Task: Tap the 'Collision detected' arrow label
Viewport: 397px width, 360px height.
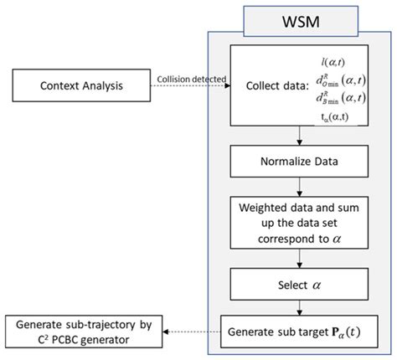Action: pyautogui.click(x=190, y=80)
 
